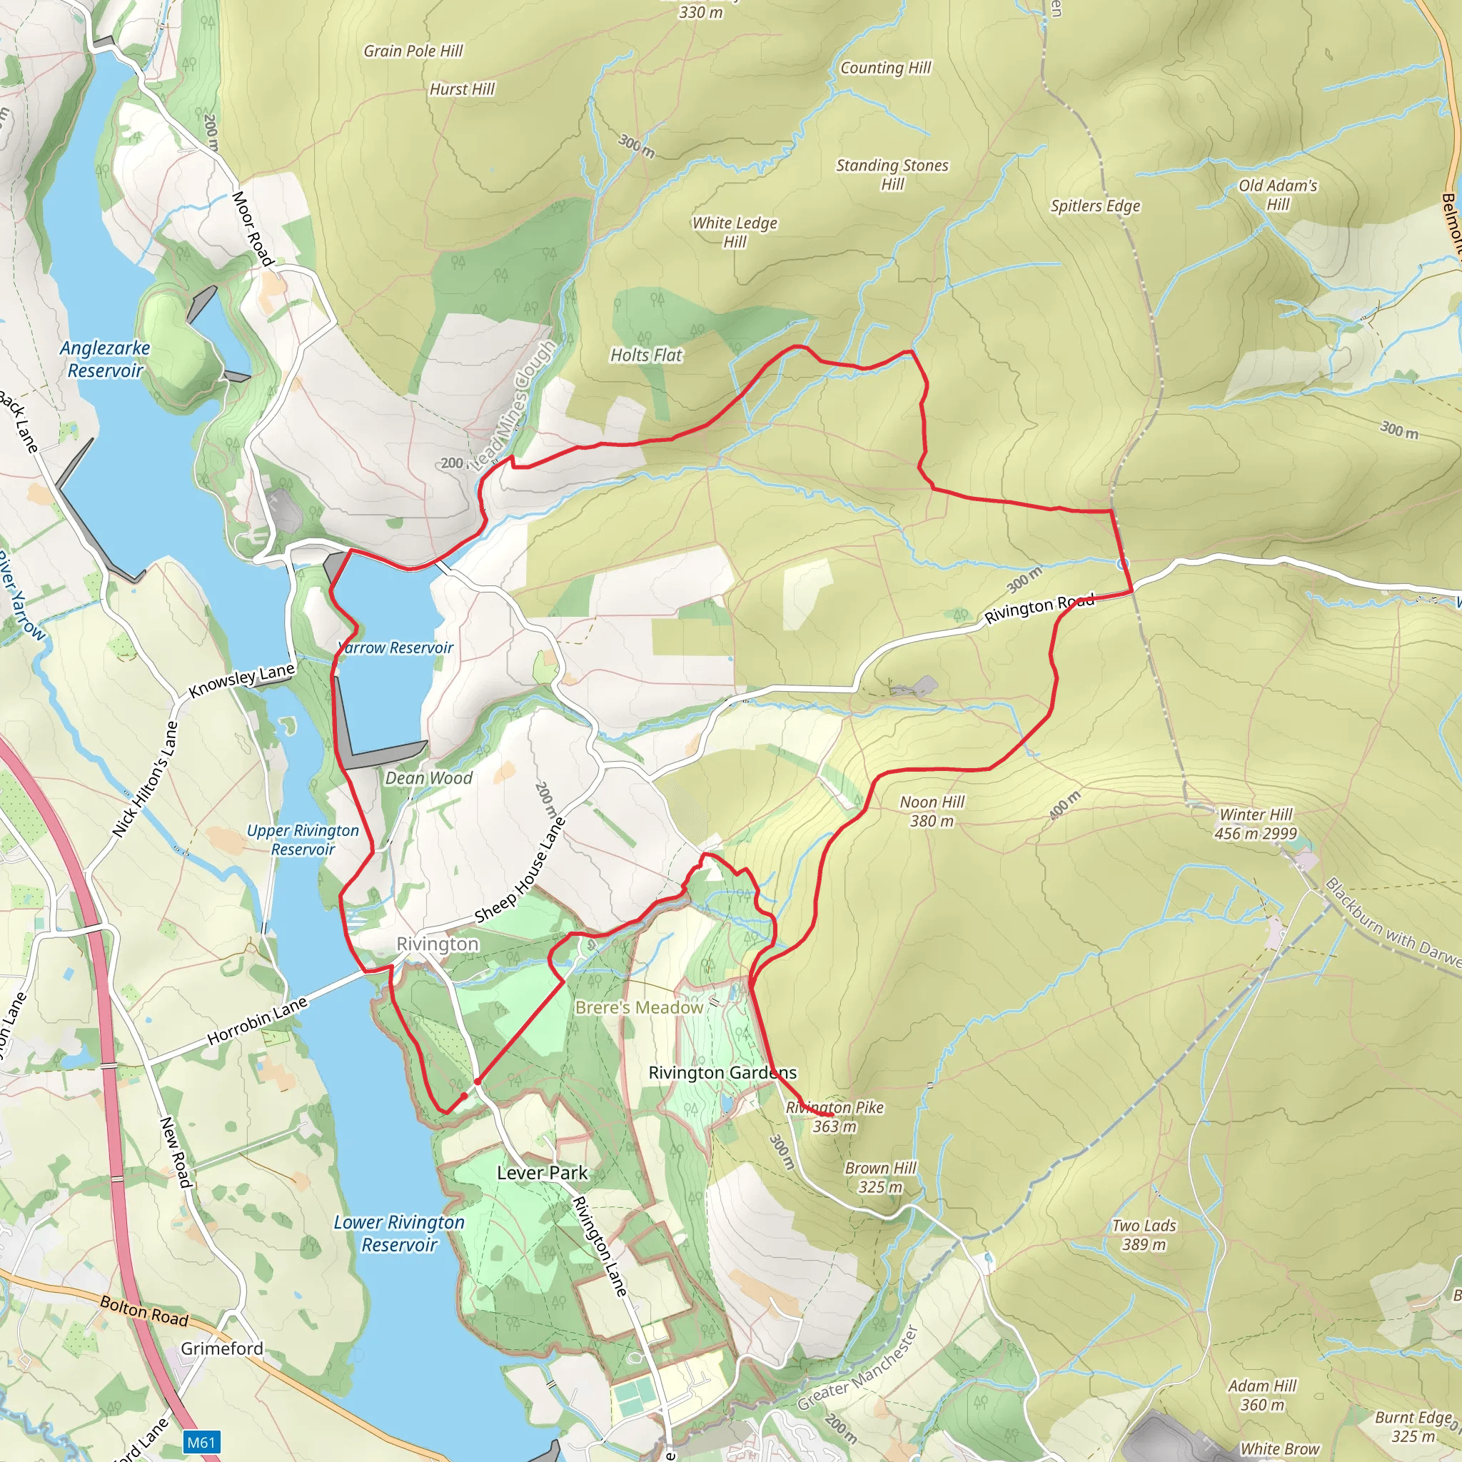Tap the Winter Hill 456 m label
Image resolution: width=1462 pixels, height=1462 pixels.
point(1256,824)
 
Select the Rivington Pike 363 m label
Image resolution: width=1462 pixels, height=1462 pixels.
point(835,1117)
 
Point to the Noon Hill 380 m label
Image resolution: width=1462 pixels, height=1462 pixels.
point(932,811)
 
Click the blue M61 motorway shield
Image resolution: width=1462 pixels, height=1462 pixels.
point(201,1442)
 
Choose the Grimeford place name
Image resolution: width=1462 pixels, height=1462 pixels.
point(222,1348)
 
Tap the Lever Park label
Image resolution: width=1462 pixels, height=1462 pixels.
point(542,1173)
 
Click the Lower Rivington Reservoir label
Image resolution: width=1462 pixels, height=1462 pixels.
point(399,1234)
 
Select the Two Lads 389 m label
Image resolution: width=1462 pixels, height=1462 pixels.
point(1144,1235)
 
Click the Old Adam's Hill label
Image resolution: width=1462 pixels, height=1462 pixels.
point(1278,194)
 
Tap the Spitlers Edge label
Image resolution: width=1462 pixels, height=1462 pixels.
point(1095,206)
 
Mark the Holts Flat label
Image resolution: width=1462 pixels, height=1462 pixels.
point(646,355)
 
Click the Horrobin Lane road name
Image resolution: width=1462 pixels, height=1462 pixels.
point(257,1021)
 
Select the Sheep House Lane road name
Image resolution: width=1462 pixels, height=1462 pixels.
point(520,870)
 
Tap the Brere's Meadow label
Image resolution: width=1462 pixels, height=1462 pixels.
point(640,1007)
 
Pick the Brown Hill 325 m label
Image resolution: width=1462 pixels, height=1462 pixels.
point(880,1177)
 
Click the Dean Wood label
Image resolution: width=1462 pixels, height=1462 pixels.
point(428,778)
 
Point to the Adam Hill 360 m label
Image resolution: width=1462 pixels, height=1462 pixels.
point(1262,1396)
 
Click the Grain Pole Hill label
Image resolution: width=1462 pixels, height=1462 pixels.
point(413,51)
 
